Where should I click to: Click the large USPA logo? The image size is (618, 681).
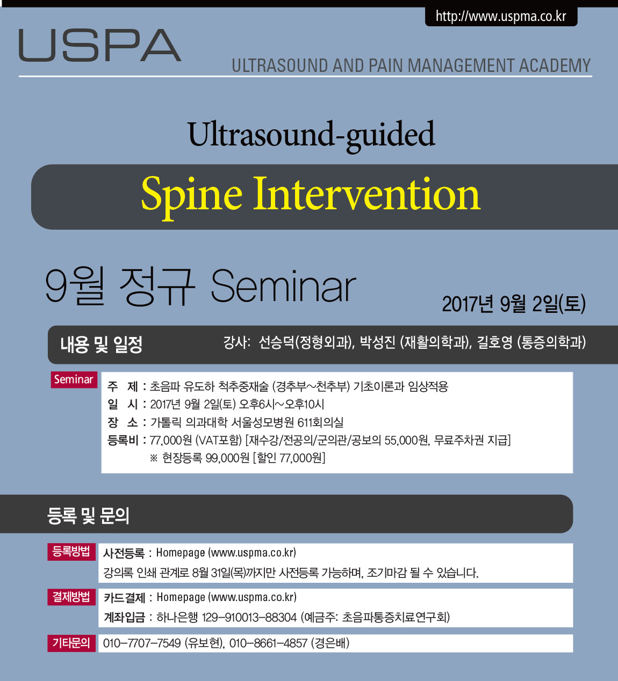pos(99,45)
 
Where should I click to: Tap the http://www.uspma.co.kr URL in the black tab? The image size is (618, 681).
pos(501,16)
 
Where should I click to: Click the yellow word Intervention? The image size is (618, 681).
pos(367,194)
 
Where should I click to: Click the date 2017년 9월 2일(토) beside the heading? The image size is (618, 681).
pos(514,304)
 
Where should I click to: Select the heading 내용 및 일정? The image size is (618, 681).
pos(102,345)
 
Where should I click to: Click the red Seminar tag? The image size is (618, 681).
pos(74,379)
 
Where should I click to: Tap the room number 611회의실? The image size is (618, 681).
pos(320,422)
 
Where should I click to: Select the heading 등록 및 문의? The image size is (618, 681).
pos(88,516)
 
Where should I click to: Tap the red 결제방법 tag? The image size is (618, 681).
pos(71,597)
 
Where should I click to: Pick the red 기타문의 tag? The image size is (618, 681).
pos(71,643)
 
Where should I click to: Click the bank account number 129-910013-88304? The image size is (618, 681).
pos(249,617)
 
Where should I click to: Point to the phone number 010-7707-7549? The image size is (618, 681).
pos(142,643)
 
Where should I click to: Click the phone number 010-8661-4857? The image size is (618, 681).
pos(268,643)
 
